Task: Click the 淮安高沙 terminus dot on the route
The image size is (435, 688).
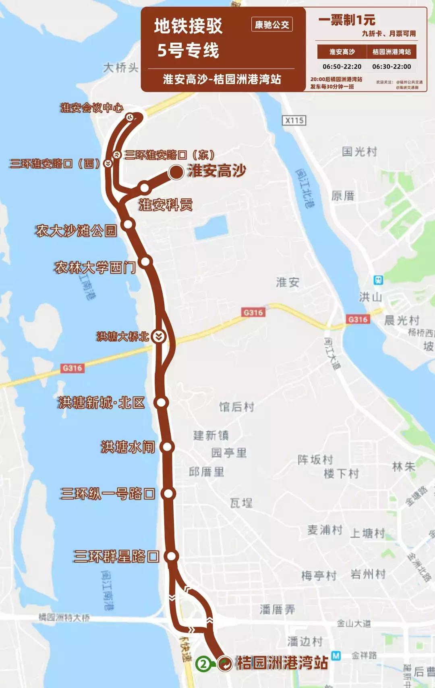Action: coord(176,172)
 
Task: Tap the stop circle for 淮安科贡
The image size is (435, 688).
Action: coord(144,187)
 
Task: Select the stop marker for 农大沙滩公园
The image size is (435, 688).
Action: coord(128,224)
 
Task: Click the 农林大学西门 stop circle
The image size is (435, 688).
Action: coord(145,262)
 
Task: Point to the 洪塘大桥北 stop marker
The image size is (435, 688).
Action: coord(159,336)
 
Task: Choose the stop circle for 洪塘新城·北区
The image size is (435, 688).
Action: coord(161,402)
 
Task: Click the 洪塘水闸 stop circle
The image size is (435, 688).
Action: coord(167,447)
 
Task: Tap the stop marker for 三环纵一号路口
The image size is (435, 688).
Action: coord(168,493)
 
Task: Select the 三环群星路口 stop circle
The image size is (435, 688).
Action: coord(172,556)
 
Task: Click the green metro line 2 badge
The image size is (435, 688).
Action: coord(203,663)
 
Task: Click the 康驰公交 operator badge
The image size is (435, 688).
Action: coord(272,25)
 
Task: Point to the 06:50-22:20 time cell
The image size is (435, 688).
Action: coord(342,67)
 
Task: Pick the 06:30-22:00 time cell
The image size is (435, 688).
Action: coord(391,67)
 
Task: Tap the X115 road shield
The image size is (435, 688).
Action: coord(294,120)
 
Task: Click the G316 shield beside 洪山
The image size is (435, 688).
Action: coord(358,319)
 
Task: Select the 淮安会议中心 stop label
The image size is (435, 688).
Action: coord(92,108)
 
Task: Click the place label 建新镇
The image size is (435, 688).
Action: coord(211,435)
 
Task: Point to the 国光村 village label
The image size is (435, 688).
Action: coord(359,152)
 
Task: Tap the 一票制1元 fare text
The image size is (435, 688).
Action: coord(347,20)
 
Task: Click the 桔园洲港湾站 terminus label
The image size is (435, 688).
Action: coord(282,663)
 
